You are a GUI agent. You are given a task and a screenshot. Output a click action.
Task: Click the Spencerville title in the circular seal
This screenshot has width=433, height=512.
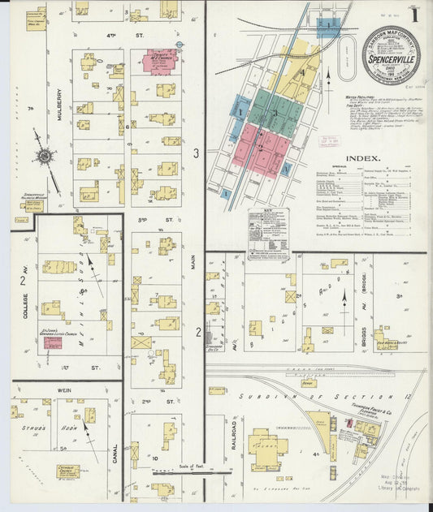coord(391,60)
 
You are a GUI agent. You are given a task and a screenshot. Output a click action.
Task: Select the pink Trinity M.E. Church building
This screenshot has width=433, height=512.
coord(160,62)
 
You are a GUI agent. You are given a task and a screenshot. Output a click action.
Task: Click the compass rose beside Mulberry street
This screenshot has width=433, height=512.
coord(44,156)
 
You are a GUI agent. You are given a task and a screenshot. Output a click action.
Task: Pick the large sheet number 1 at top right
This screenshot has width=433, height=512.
coord(415,15)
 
